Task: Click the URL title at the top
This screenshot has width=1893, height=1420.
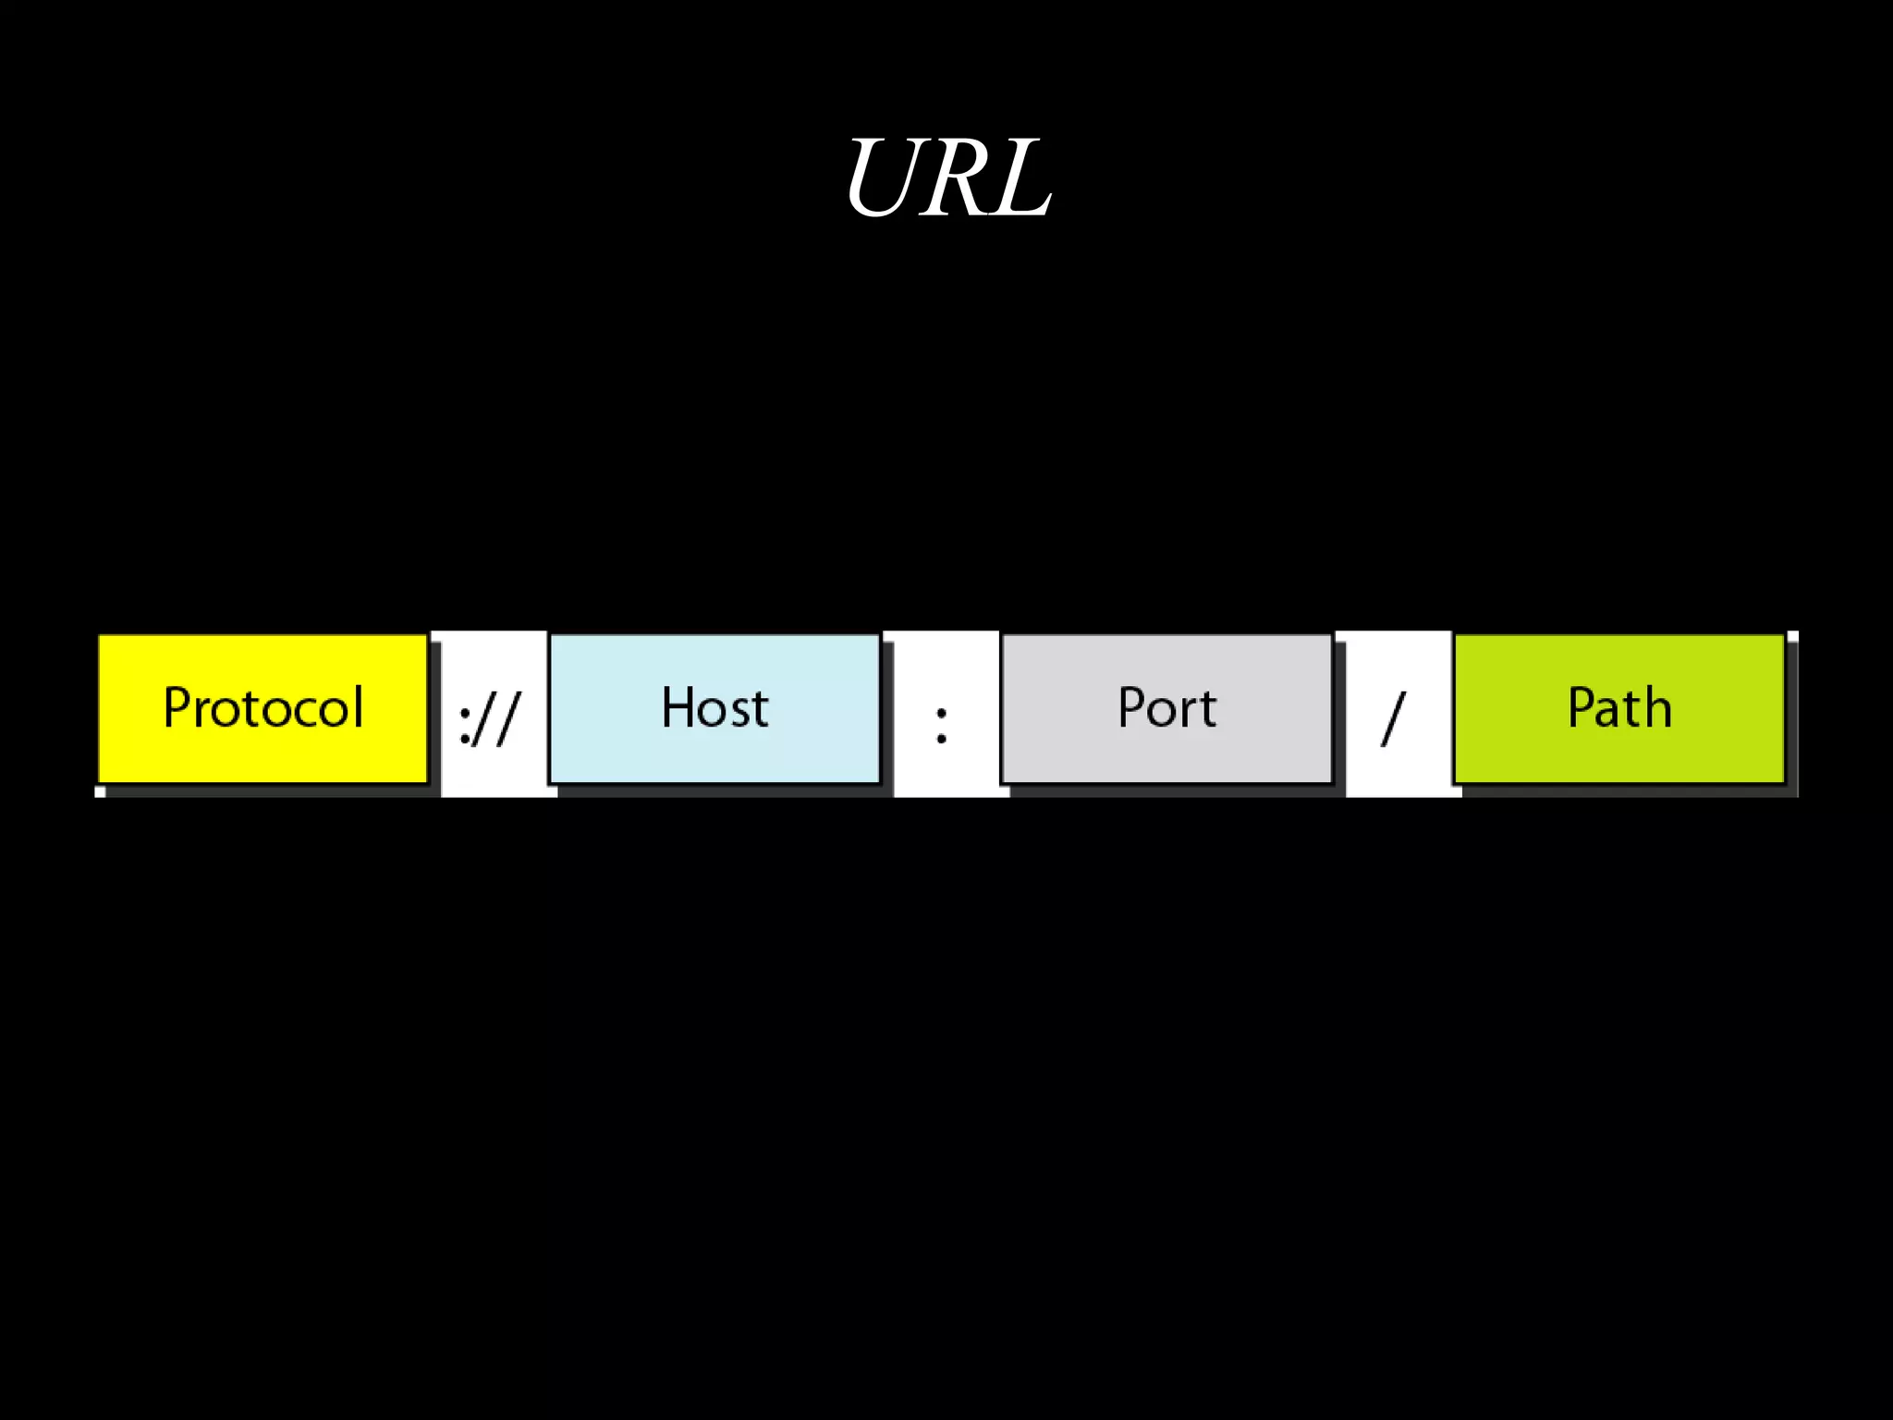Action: [x=948, y=177]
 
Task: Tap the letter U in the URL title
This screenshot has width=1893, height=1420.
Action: [x=885, y=177]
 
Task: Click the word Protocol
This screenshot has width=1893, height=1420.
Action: [x=263, y=708]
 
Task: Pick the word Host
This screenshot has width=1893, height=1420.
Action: [x=714, y=708]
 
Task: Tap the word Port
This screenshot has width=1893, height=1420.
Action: [x=1166, y=708]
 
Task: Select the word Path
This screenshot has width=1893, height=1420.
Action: [x=1619, y=708]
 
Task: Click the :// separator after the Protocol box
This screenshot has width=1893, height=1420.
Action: [x=490, y=719]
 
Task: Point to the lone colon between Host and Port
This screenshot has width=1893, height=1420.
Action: [x=942, y=724]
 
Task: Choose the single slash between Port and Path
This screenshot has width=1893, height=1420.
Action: [x=1393, y=719]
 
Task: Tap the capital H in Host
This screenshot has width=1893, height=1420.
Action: [x=678, y=708]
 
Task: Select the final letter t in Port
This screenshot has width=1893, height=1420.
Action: [x=1208, y=710]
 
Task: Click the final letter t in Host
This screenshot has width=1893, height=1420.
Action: [x=761, y=710]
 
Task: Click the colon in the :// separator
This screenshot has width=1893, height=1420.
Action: [x=466, y=724]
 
